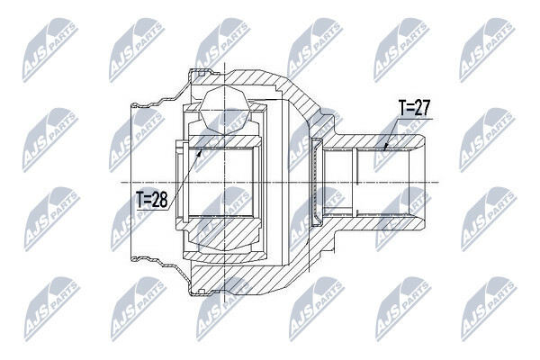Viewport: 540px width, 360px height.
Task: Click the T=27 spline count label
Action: click(x=414, y=108)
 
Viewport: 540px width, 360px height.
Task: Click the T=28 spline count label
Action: click(x=152, y=199)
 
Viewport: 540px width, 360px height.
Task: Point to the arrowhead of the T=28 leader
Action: click(x=200, y=151)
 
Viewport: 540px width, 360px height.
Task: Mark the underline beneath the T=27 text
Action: click(x=414, y=119)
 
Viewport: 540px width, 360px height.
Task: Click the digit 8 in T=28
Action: click(x=162, y=199)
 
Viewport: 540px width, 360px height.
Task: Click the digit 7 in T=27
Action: click(x=426, y=108)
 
